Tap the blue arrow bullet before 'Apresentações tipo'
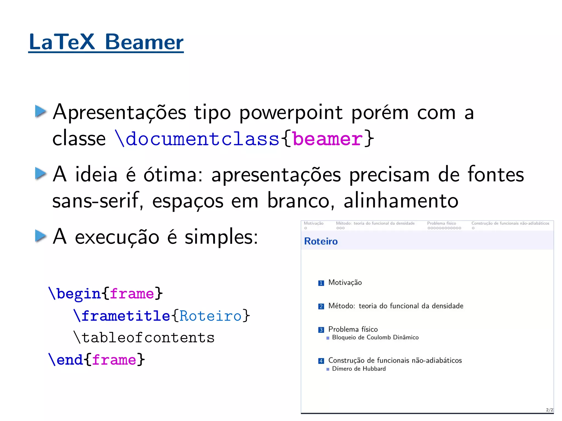pyautogui.click(x=41, y=111)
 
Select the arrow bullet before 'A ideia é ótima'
pyautogui.click(x=41, y=174)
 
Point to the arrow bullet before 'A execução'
pyautogui.click(x=41, y=236)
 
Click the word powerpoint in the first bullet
pyautogui.click(x=291, y=112)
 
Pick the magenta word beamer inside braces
pyautogui.click(x=328, y=139)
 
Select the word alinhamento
pyautogui.click(x=401, y=201)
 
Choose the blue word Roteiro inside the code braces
pyautogui.click(x=210, y=316)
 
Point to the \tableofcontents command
pyautogui.click(x=144, y=338)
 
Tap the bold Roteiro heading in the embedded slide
pyautogui.click(x=321, y=241)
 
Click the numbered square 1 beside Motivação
pyautogui.click(x=321, y=283)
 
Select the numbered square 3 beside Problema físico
pyautogui.click(x=321, y=330)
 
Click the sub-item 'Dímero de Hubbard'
pyautogui.click(x=359, y=369)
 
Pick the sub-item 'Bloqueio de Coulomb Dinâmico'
pyautogui.click(x=375, y=337)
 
